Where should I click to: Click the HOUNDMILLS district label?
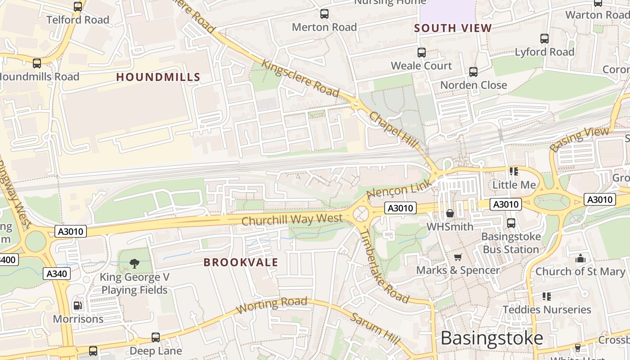(x=158, y=77)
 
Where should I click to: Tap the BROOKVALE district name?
(x=241, y=262)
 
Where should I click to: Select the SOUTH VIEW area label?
(x=453, y=28)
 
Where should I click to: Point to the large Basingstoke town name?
(x=492, y=337)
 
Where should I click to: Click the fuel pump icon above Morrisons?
(x=78, y=306)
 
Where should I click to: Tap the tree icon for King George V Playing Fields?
(x=134, y=263)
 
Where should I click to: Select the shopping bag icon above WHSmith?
(x=450, y=213)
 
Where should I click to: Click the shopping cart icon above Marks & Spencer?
(x=458, y=257)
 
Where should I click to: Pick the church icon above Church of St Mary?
(x=580, y=258)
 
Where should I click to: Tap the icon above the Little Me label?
(x=514, y=171)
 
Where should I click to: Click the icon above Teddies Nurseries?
(x=547, y=296)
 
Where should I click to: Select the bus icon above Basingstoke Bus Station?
(x=511, y=223)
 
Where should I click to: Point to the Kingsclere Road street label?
(x=300, y=78)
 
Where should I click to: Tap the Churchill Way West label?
(x=292, y=220)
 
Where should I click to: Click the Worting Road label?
(x=272, y=305)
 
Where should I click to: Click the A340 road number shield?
(x=57, y=274)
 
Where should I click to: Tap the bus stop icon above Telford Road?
(x=78, y=6)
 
